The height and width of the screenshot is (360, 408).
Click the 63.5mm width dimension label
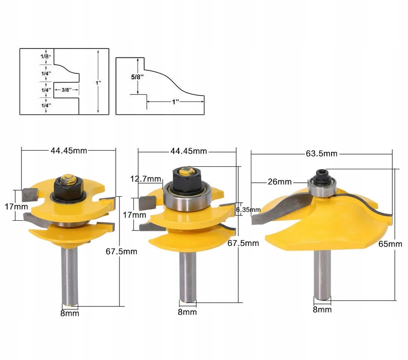tap(321, 154)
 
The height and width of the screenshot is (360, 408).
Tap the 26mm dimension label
tap(280, 182)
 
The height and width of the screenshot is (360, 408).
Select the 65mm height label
tap(390, 244)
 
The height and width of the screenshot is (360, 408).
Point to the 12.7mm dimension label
tap(146, 179)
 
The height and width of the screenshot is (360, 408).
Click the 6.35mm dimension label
tap(248, 209)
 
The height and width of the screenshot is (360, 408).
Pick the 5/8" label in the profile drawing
tap(137, 77)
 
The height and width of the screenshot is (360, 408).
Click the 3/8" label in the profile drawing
tap(66, 89)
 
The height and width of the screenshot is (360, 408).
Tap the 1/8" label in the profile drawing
tap(46, 56)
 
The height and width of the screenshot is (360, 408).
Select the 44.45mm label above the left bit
tap(69, 151)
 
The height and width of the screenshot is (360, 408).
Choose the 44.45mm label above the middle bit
tap(189, 151)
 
